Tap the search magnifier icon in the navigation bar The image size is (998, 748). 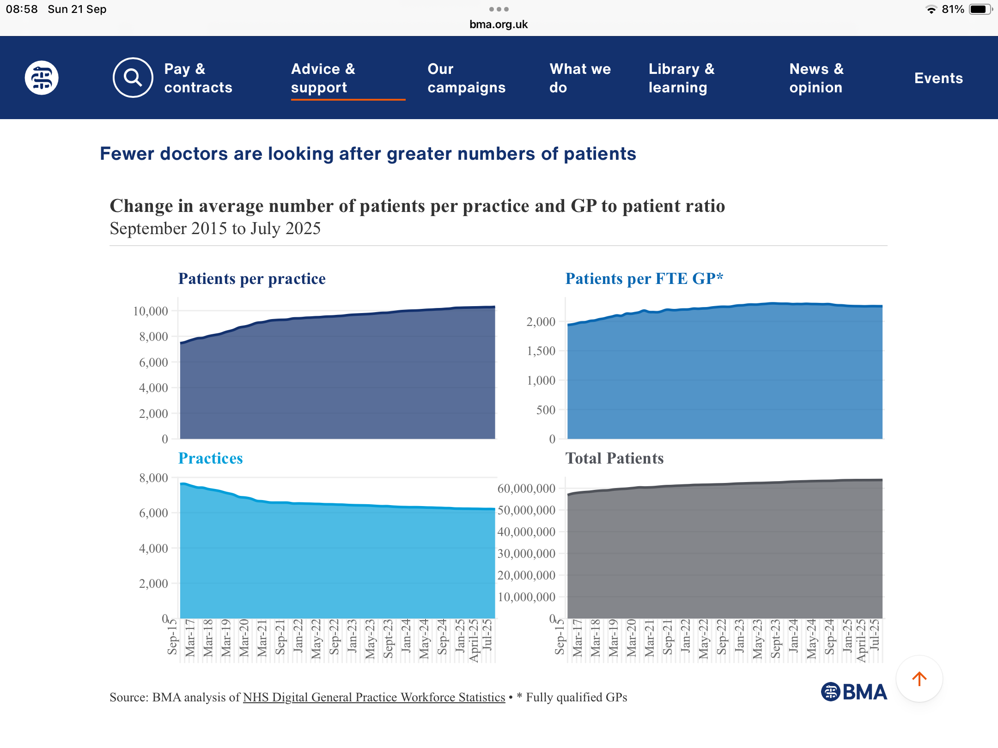(x=133, y=78)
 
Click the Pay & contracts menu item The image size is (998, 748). (x=198, y=78)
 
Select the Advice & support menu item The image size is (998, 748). (x=323, y=78)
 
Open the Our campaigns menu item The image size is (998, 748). (x=467, y=78)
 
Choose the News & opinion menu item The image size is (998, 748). (x=816, y=78)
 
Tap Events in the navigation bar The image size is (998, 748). (x=938, y=78)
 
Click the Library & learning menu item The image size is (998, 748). (x=682, y=78)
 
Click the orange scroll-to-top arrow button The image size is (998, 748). (x=919, y=679)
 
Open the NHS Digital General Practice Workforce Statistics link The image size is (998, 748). (x=374, y=697)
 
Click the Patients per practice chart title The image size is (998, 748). (x=252, y=279)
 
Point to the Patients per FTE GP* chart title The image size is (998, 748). (x=644, y=279)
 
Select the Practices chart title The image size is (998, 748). (x=210, y=458)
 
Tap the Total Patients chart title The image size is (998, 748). (x=615, y=458)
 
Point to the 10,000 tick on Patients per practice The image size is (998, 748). (x=151, y=311)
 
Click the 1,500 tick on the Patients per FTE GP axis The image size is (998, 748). (x=541, y=351)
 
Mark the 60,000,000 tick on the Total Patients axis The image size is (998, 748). (x=526, y=489)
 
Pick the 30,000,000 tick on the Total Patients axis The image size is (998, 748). (x=526, y=554)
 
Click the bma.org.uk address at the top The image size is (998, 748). (x=499, y=24)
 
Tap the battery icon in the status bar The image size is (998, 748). (x=980, y=9)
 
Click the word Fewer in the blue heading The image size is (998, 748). (x=127, y=154)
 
